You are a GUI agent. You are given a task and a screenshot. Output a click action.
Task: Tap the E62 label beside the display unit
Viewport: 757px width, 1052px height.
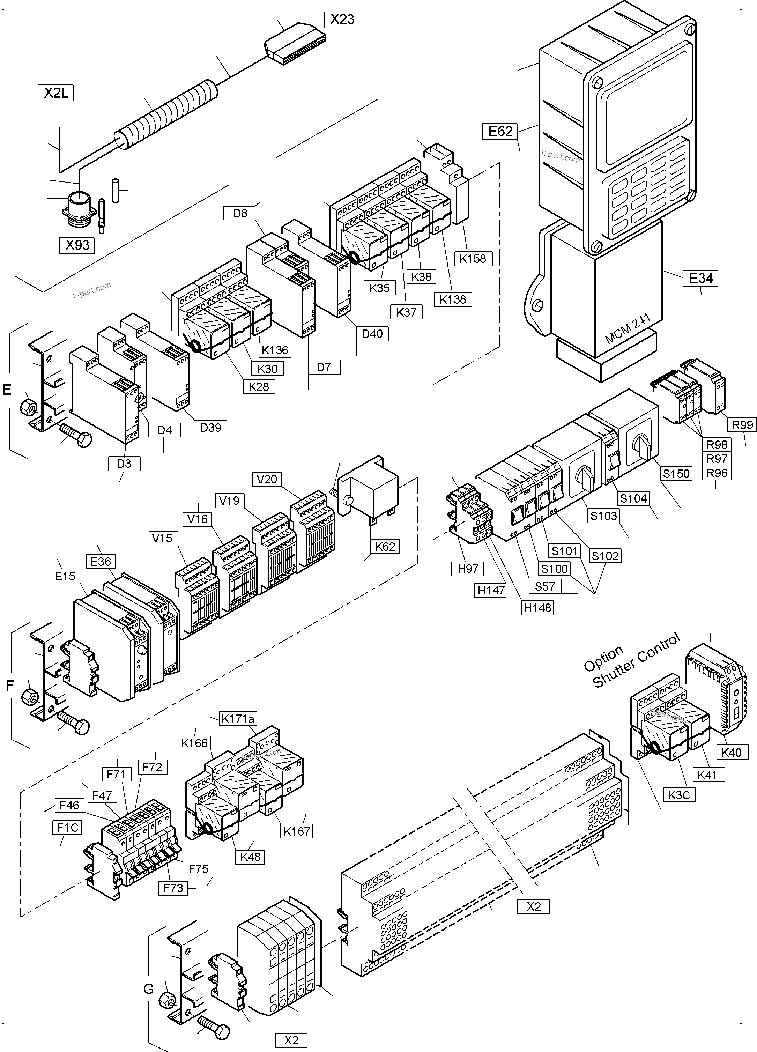500,131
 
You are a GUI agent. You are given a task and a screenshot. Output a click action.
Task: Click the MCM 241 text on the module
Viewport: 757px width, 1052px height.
628,328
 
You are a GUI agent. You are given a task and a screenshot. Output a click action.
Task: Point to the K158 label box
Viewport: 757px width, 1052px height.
473,258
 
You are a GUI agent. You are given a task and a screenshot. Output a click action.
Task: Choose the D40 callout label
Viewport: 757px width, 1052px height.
372,333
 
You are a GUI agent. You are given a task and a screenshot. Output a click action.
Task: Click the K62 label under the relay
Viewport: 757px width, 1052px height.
385,546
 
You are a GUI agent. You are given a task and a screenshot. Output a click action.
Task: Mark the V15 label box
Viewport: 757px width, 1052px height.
162,538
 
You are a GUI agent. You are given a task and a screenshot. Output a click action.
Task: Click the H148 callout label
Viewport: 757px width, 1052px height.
537,607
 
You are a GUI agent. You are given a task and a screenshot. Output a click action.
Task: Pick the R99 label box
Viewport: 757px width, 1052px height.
741,424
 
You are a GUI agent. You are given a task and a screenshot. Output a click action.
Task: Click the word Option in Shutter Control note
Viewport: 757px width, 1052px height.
603,659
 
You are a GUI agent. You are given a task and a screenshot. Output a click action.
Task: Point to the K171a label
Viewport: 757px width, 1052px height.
237,719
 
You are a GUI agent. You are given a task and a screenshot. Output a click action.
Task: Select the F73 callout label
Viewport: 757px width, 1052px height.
173,888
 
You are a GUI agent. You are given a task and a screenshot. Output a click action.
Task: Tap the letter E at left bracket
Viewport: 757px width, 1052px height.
7,390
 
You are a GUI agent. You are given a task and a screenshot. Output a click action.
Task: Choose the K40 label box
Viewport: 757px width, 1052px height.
732,752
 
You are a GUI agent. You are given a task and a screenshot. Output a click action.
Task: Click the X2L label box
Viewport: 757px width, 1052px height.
55,93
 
